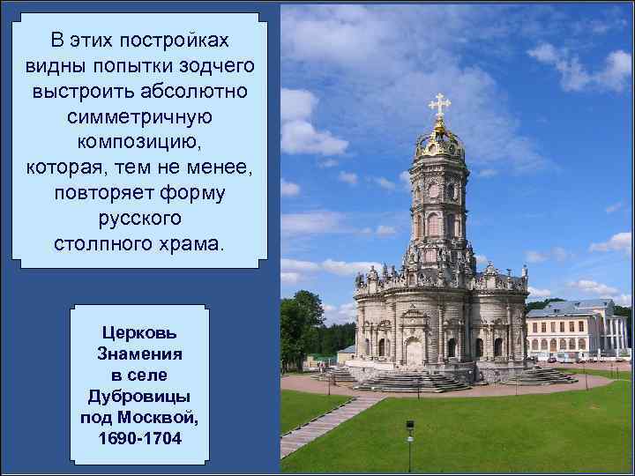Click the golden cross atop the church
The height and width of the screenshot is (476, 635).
coord(439,105)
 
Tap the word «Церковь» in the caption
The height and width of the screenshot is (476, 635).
coord(139,334)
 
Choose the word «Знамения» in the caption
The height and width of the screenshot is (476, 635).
coord(139,353)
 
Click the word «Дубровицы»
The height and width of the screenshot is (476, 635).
coord(139,396)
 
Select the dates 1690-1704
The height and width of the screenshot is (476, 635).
coord(139,437)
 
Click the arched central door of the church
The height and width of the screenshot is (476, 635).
coord(414,353)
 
